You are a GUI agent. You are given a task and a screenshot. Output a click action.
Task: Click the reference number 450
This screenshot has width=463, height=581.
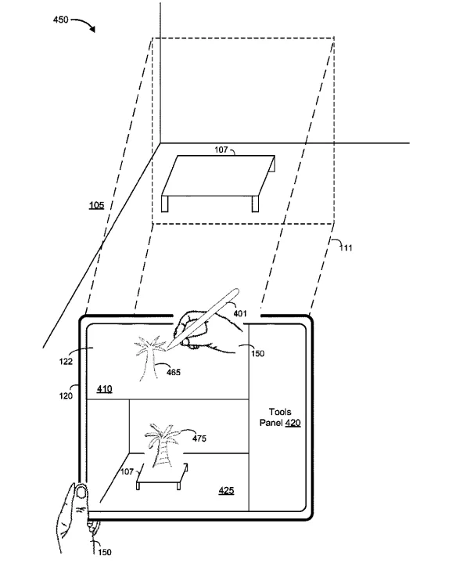click(61, 20)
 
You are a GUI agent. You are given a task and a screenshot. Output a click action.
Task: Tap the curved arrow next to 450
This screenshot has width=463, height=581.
click(85, 22)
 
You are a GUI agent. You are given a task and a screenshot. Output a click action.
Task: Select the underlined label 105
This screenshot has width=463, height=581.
click(97, 205)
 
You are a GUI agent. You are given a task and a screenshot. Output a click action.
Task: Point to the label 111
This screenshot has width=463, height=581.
click(346, 247)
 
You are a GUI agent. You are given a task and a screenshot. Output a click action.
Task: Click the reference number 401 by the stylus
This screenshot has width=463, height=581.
click(240, 313)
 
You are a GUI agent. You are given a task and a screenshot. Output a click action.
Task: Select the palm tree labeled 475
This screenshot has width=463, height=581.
click(162, 446)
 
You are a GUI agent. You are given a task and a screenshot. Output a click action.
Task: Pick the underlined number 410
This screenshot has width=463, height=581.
click(104, 388)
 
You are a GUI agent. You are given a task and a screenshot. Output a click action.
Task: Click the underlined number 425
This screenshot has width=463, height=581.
click(226, 491)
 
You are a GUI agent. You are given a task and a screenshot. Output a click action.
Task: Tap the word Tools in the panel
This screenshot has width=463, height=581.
click(280, 412)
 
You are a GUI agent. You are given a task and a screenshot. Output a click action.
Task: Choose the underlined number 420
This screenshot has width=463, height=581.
click(293, 423)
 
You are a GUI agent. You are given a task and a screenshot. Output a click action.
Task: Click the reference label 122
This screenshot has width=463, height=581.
click(66, 361)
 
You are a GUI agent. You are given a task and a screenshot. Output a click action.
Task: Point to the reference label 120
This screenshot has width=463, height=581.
click(66, 395)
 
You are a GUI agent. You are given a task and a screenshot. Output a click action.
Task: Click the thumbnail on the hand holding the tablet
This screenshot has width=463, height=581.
click(81, 493)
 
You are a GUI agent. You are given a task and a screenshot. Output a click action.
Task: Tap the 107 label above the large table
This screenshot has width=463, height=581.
click(221, 150)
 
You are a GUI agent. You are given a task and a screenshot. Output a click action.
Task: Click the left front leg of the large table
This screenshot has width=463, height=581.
click(165, 204)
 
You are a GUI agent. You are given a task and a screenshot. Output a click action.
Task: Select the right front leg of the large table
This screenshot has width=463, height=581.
click(255, 204)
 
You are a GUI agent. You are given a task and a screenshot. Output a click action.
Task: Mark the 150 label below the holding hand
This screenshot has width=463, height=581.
click(105, 552)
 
